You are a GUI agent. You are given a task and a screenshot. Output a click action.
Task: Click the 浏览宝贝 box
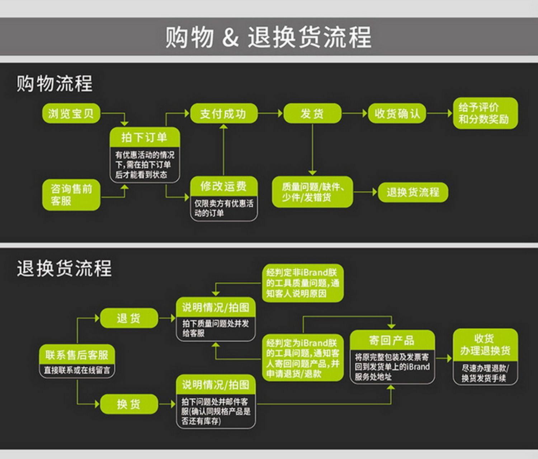point(71,114)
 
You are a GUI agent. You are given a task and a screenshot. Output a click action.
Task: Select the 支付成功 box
point(223,114)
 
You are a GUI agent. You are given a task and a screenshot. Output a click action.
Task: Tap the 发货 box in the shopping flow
point(312,114)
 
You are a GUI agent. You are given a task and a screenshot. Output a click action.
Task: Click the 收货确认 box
point(397,114)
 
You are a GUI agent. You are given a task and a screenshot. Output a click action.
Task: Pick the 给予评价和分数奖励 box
point(485,113)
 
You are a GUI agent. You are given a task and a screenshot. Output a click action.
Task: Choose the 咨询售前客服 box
point(71,195)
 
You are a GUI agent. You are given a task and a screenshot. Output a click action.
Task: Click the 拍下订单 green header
point(145,137)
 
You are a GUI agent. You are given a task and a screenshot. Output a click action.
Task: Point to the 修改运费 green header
point(223,186)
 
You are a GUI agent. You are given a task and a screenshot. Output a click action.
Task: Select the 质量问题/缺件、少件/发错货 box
point(312,192)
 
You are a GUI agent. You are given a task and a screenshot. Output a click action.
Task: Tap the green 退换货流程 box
point(413,192)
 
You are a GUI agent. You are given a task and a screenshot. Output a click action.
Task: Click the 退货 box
point(129,318)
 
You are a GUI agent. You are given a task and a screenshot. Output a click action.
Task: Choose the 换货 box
point(129,404)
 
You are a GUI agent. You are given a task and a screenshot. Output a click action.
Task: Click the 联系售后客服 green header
point(77,355)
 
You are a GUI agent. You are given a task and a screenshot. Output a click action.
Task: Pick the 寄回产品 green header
point(392,340)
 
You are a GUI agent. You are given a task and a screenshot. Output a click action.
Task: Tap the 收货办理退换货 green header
point(485,345)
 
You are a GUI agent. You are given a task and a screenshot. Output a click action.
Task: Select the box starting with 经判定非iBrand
point(302,283)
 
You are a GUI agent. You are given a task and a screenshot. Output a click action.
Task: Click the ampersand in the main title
point(230,37)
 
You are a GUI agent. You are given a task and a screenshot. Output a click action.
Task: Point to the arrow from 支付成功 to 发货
point(270,114)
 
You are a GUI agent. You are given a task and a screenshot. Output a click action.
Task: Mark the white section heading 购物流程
point(55,84)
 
